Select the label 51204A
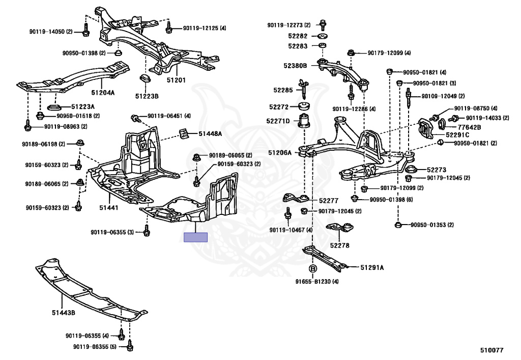point(103,93)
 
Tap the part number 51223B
point(147,96)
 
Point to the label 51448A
point(210,133)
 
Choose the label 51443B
point(64,312)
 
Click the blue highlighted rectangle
point(196,237)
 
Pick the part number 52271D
point(278,121)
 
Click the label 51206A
point(280,152)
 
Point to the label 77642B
point(469,127)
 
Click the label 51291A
point(372,267)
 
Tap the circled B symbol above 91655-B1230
point(312,268)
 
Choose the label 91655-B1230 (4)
point(316,282)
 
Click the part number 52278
point(339,245)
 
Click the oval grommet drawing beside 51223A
point(54,107)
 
